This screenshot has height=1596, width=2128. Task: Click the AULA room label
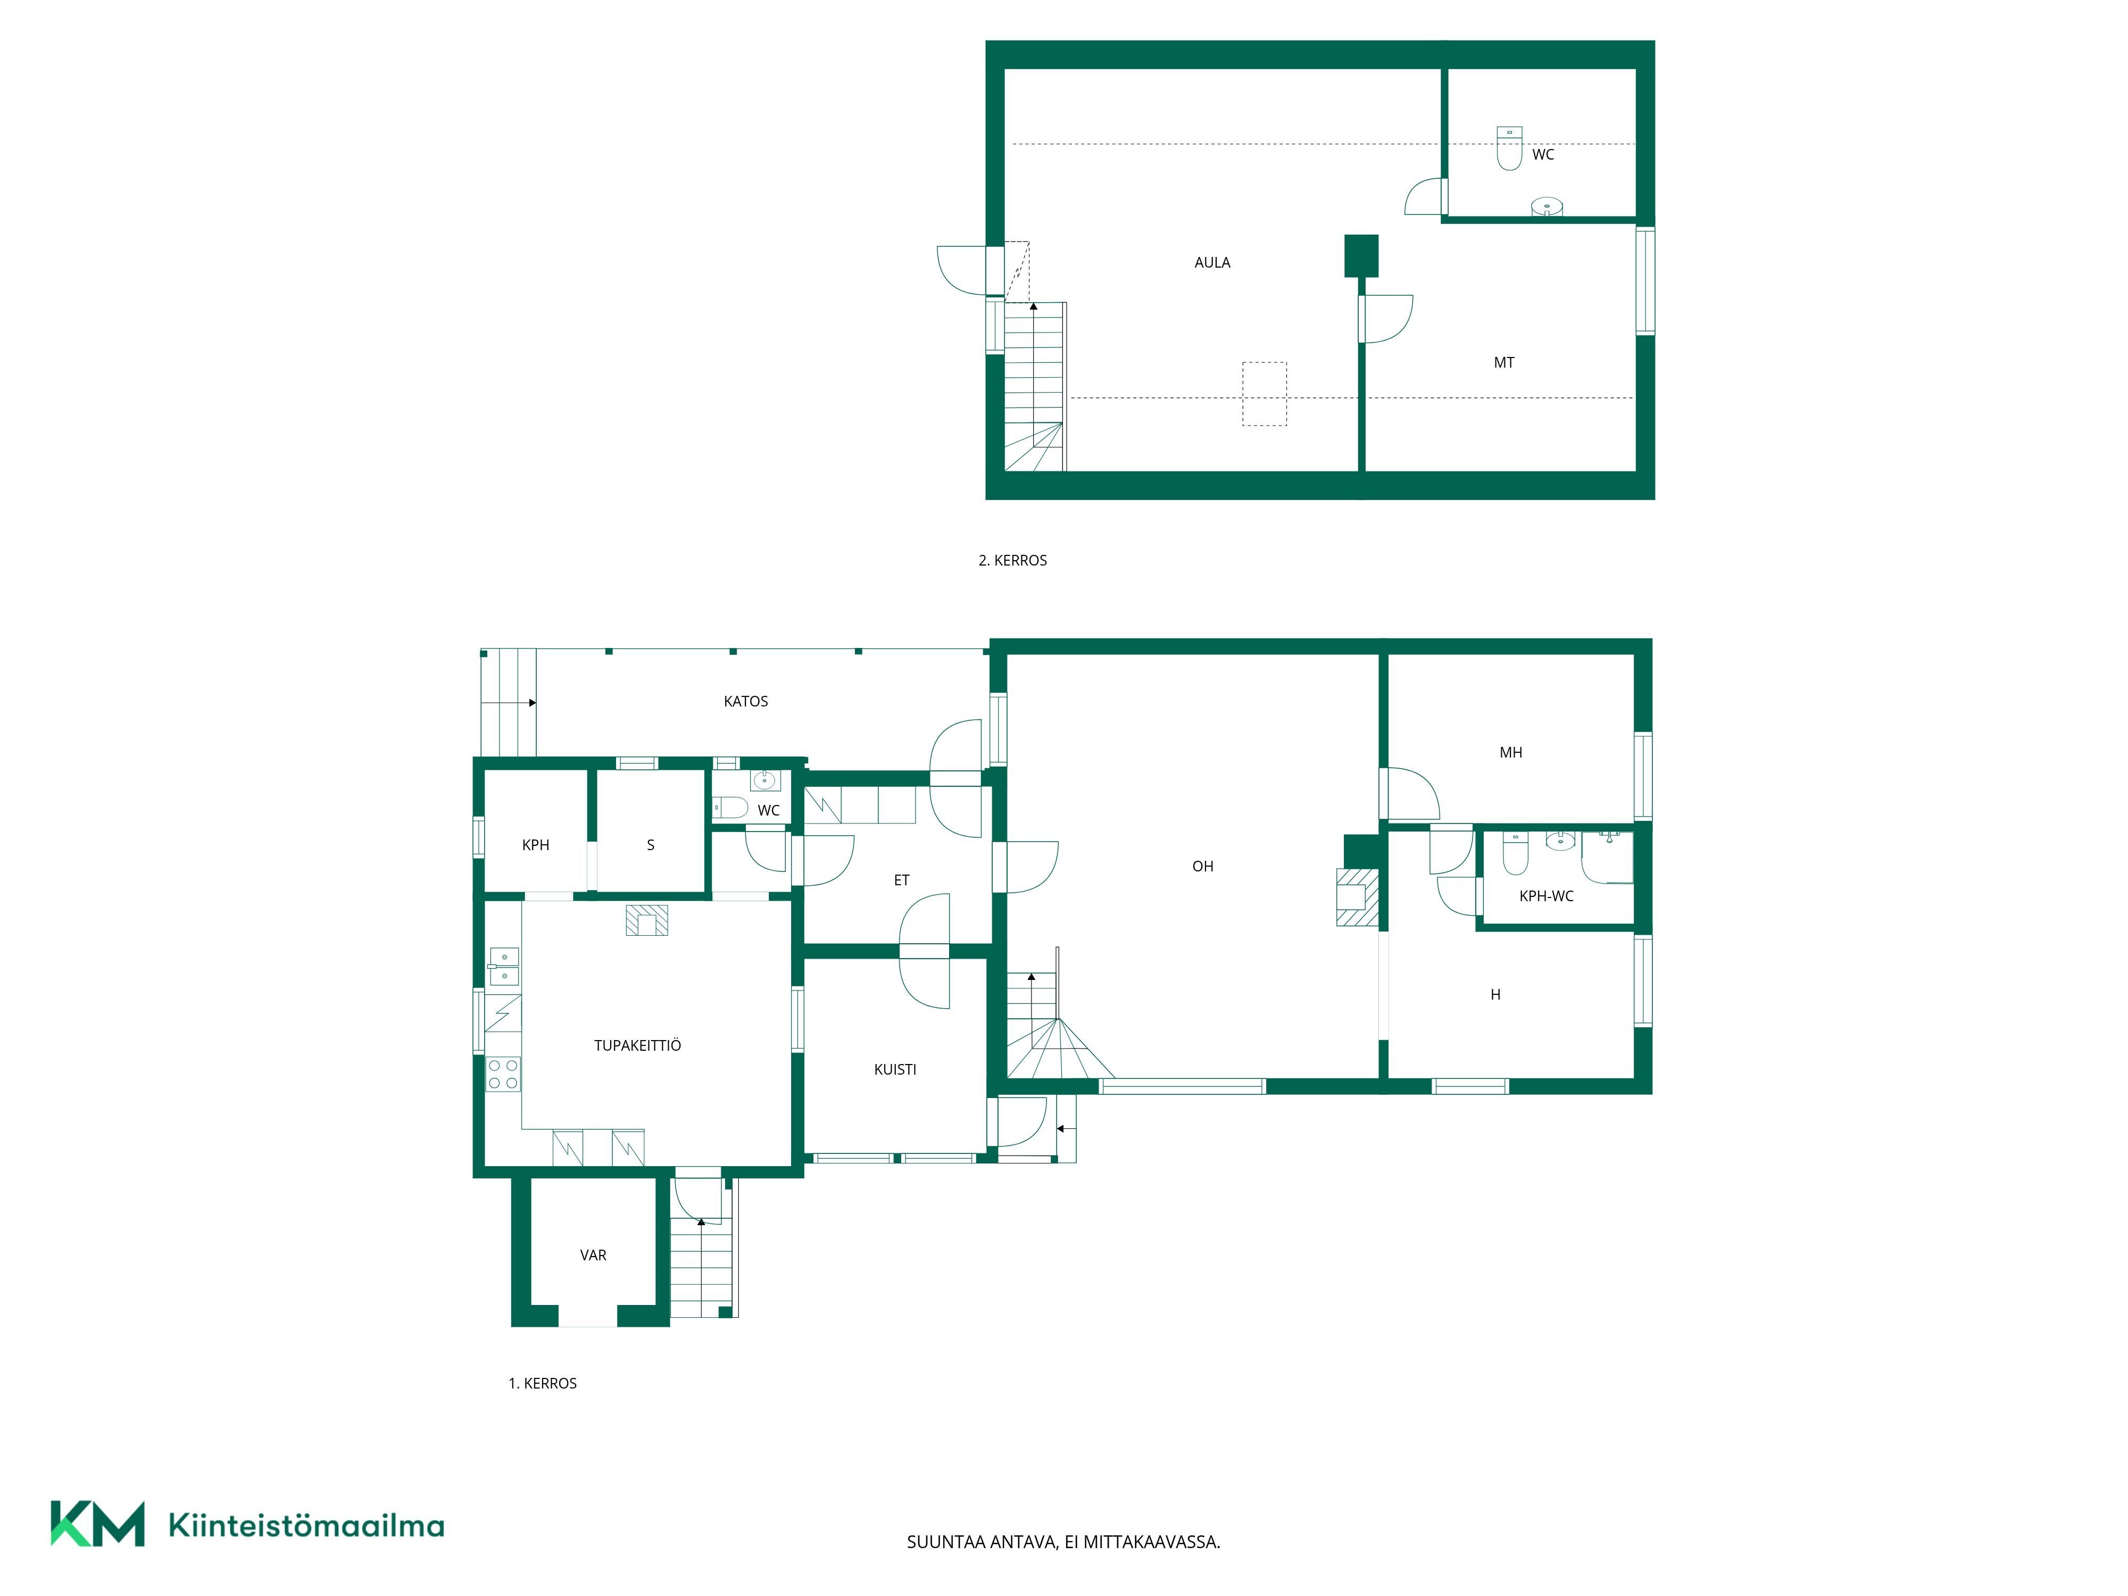tap(1212, 263)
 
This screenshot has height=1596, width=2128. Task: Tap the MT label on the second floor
tap(1503, 363)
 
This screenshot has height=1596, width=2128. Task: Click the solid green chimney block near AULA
tap(1361, 256)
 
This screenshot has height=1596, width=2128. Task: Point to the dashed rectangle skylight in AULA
tap(1264, 394)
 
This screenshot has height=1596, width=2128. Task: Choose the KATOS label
tap(745, 701)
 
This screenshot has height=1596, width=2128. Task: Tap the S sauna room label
tap(650, 845)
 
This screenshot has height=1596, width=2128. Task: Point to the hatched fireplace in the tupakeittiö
tap(646, 921)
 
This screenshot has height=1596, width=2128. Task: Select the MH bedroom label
tap(1510, 752)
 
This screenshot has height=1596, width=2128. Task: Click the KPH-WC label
tap(1546, 896)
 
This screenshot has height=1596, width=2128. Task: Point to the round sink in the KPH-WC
tap(1560, 841)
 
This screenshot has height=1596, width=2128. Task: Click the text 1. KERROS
tap(543, 1383)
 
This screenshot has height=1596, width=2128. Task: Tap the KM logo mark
tap(97, 1524)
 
